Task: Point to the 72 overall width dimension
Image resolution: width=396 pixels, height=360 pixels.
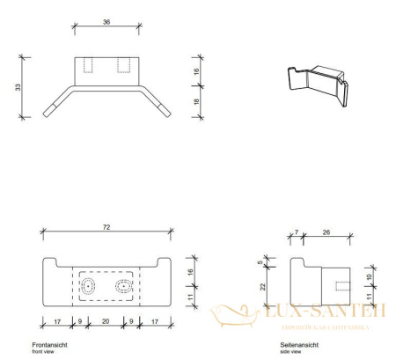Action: pos(106,227)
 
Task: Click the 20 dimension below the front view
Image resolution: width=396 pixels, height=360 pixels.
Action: pos(106,323)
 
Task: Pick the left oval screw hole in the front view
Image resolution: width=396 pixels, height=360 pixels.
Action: pos(88,287)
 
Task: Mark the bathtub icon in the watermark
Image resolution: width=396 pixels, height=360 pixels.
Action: pos(233,314)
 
